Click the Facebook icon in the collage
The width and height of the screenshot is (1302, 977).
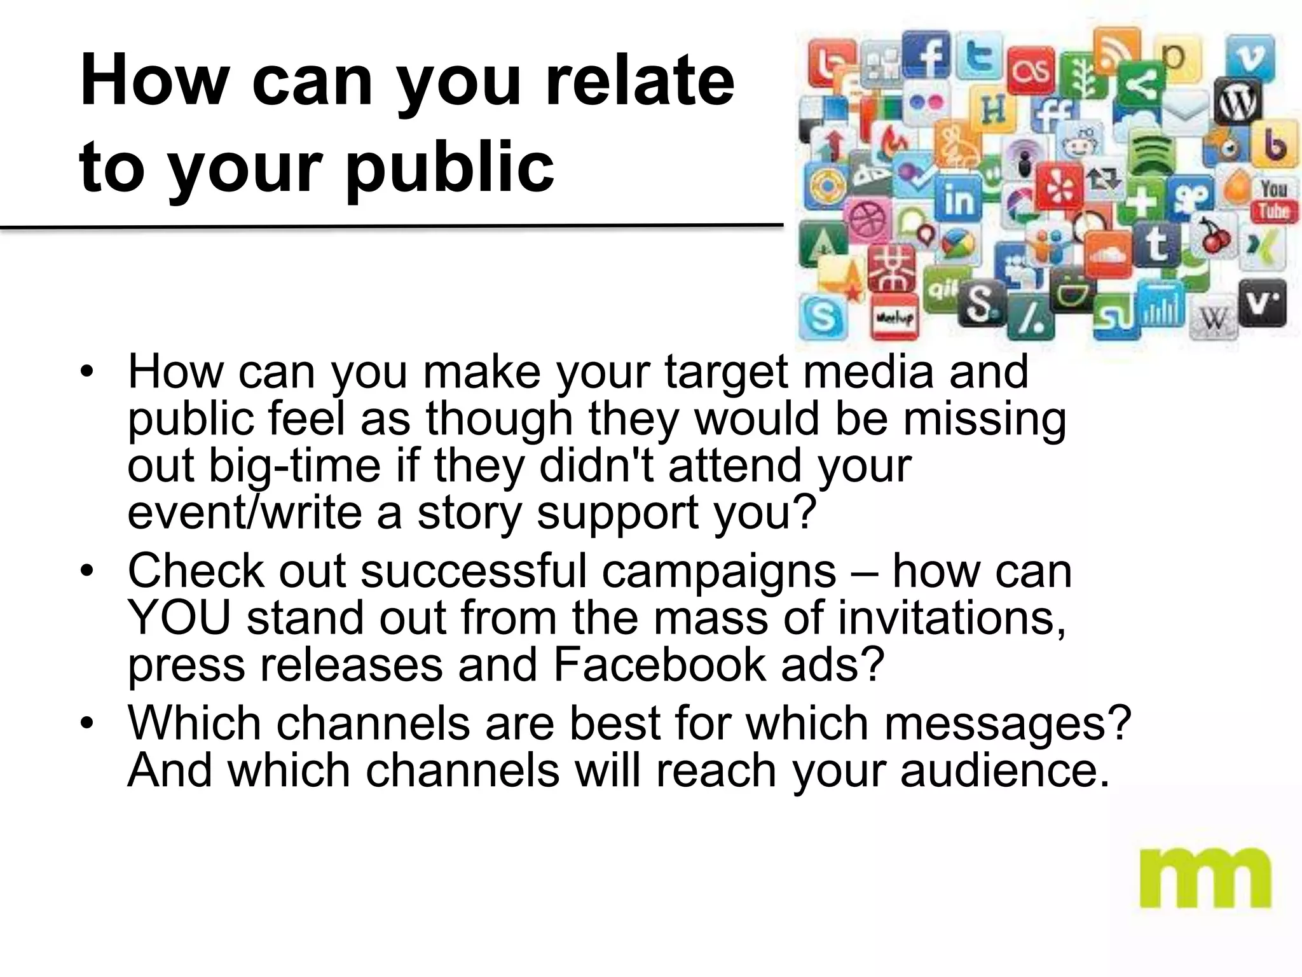(929, 56)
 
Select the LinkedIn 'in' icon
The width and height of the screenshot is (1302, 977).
(957, 199)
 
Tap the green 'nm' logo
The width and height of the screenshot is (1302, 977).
(1205, 878)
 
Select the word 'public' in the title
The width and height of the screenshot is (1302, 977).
(449, 167)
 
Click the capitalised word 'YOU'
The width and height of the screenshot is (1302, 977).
(179, 617)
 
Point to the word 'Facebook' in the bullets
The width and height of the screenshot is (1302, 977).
(659, 664)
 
